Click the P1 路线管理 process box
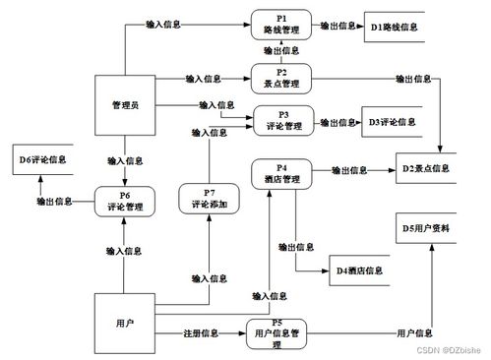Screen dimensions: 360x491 click(x=280, y=24)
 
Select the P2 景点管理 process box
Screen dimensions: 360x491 click(x=282, y=77)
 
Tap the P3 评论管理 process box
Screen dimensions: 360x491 click(x=282, y=121)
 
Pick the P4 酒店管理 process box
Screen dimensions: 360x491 click(x=281, y=174)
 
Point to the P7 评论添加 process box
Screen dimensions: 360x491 click(x=210, y=200)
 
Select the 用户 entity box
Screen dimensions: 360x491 click(x=124, y=321)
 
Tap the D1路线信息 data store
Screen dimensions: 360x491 click(x=395, y=27)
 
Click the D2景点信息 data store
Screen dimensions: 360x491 click(x=425, y=169)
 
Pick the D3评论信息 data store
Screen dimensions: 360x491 click(x=393, y=123)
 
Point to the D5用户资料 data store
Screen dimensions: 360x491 click(x=426, y=228)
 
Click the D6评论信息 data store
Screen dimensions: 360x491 click(x=42, y=158)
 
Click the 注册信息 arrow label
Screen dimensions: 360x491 click(x=201, y=333)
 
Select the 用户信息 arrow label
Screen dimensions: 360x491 click(x=414, y=333)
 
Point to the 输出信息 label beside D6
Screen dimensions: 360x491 click(x=54, y=201)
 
